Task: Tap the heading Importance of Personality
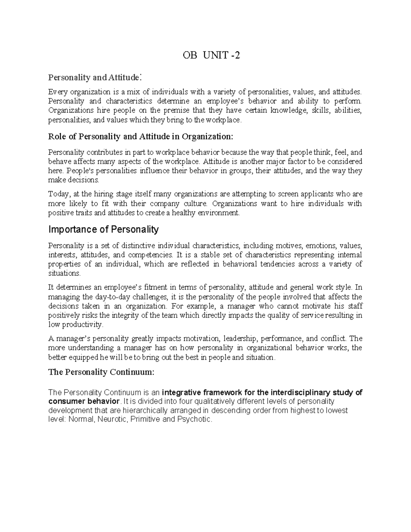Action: [103, 229]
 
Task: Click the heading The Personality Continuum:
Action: [101, 372]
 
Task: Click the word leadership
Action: [240, 339]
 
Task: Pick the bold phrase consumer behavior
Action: [84, 401]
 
